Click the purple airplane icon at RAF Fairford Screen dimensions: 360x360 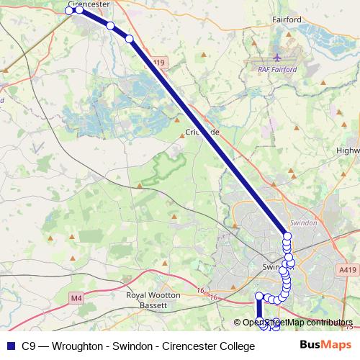pyautogui.click(x=279, y=57)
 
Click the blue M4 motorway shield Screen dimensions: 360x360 pyautogui.click(x=76, y=297)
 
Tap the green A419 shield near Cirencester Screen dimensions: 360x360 pyautogui.click(x=159, y=63)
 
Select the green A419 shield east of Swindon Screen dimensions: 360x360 pyautogui.click(x=348, y=269)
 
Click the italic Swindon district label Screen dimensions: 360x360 pyautogui.click(x=302, y=223)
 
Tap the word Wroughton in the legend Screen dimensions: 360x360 pyautogui.click(x=76, y=346)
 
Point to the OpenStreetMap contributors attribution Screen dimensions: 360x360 pyautogui.click(x=297, y=323)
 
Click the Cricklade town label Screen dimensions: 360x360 pyautogui.click(x=201, y=132)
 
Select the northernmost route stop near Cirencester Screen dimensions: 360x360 pyautogui.click(x=71, y=10)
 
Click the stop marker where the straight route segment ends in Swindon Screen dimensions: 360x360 pyautogui.click(x=287, y=237)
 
